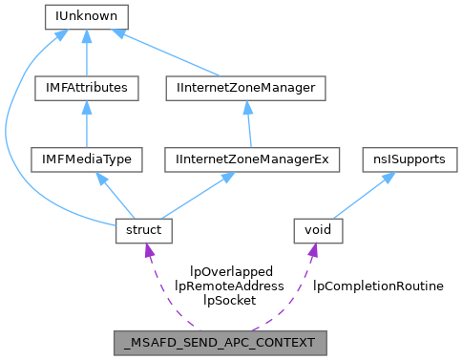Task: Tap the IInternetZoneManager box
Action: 246,88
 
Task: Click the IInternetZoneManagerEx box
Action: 253,159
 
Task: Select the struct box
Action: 143,230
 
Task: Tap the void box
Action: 316,230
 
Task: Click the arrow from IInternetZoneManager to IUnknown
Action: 172,54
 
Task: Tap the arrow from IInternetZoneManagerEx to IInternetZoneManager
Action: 249,124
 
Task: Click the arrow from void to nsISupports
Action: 363,195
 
